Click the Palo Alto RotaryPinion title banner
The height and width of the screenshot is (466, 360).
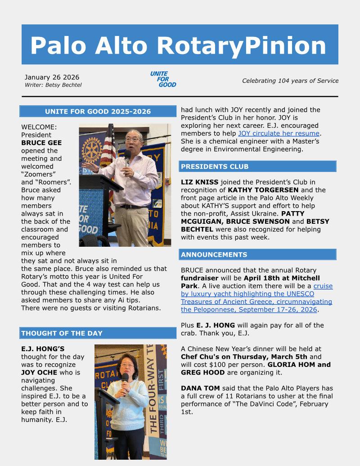click(x=180, y=45)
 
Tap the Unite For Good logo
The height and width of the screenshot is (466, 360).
click(x=163, y=79)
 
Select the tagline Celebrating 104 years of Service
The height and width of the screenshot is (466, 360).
click(x=290, y=81)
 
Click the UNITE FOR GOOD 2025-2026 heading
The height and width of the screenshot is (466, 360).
click(x=98, y=112)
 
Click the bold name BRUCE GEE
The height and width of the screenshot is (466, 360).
click(x=42, y=143)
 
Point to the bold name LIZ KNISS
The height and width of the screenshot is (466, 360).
click(x=200, y=182)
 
